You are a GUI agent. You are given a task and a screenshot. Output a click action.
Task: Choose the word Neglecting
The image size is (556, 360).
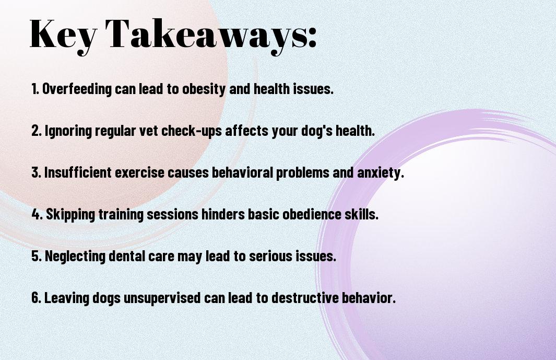click(75, 256)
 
